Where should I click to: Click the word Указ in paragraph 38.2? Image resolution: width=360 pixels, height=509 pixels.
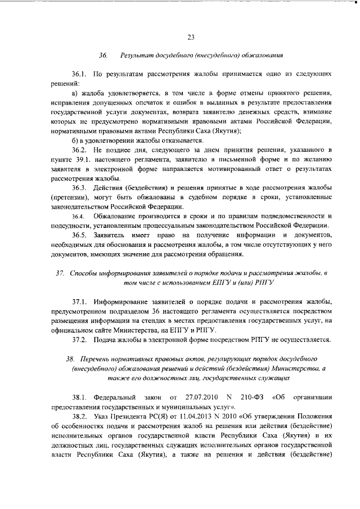(x=103, y=417)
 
